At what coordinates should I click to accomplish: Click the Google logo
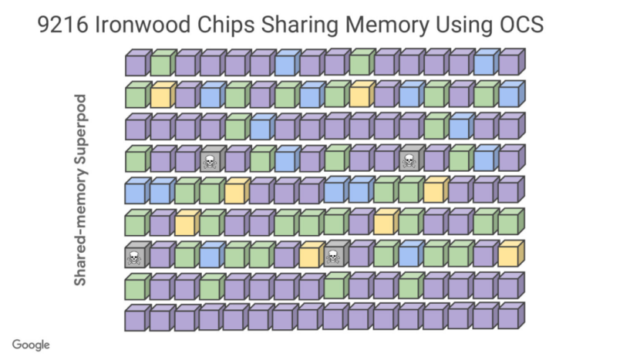click(x=31, y=345)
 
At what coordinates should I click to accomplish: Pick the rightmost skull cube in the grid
click(x=409, y=161)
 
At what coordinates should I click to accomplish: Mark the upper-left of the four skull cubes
click(x=209, y=161)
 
